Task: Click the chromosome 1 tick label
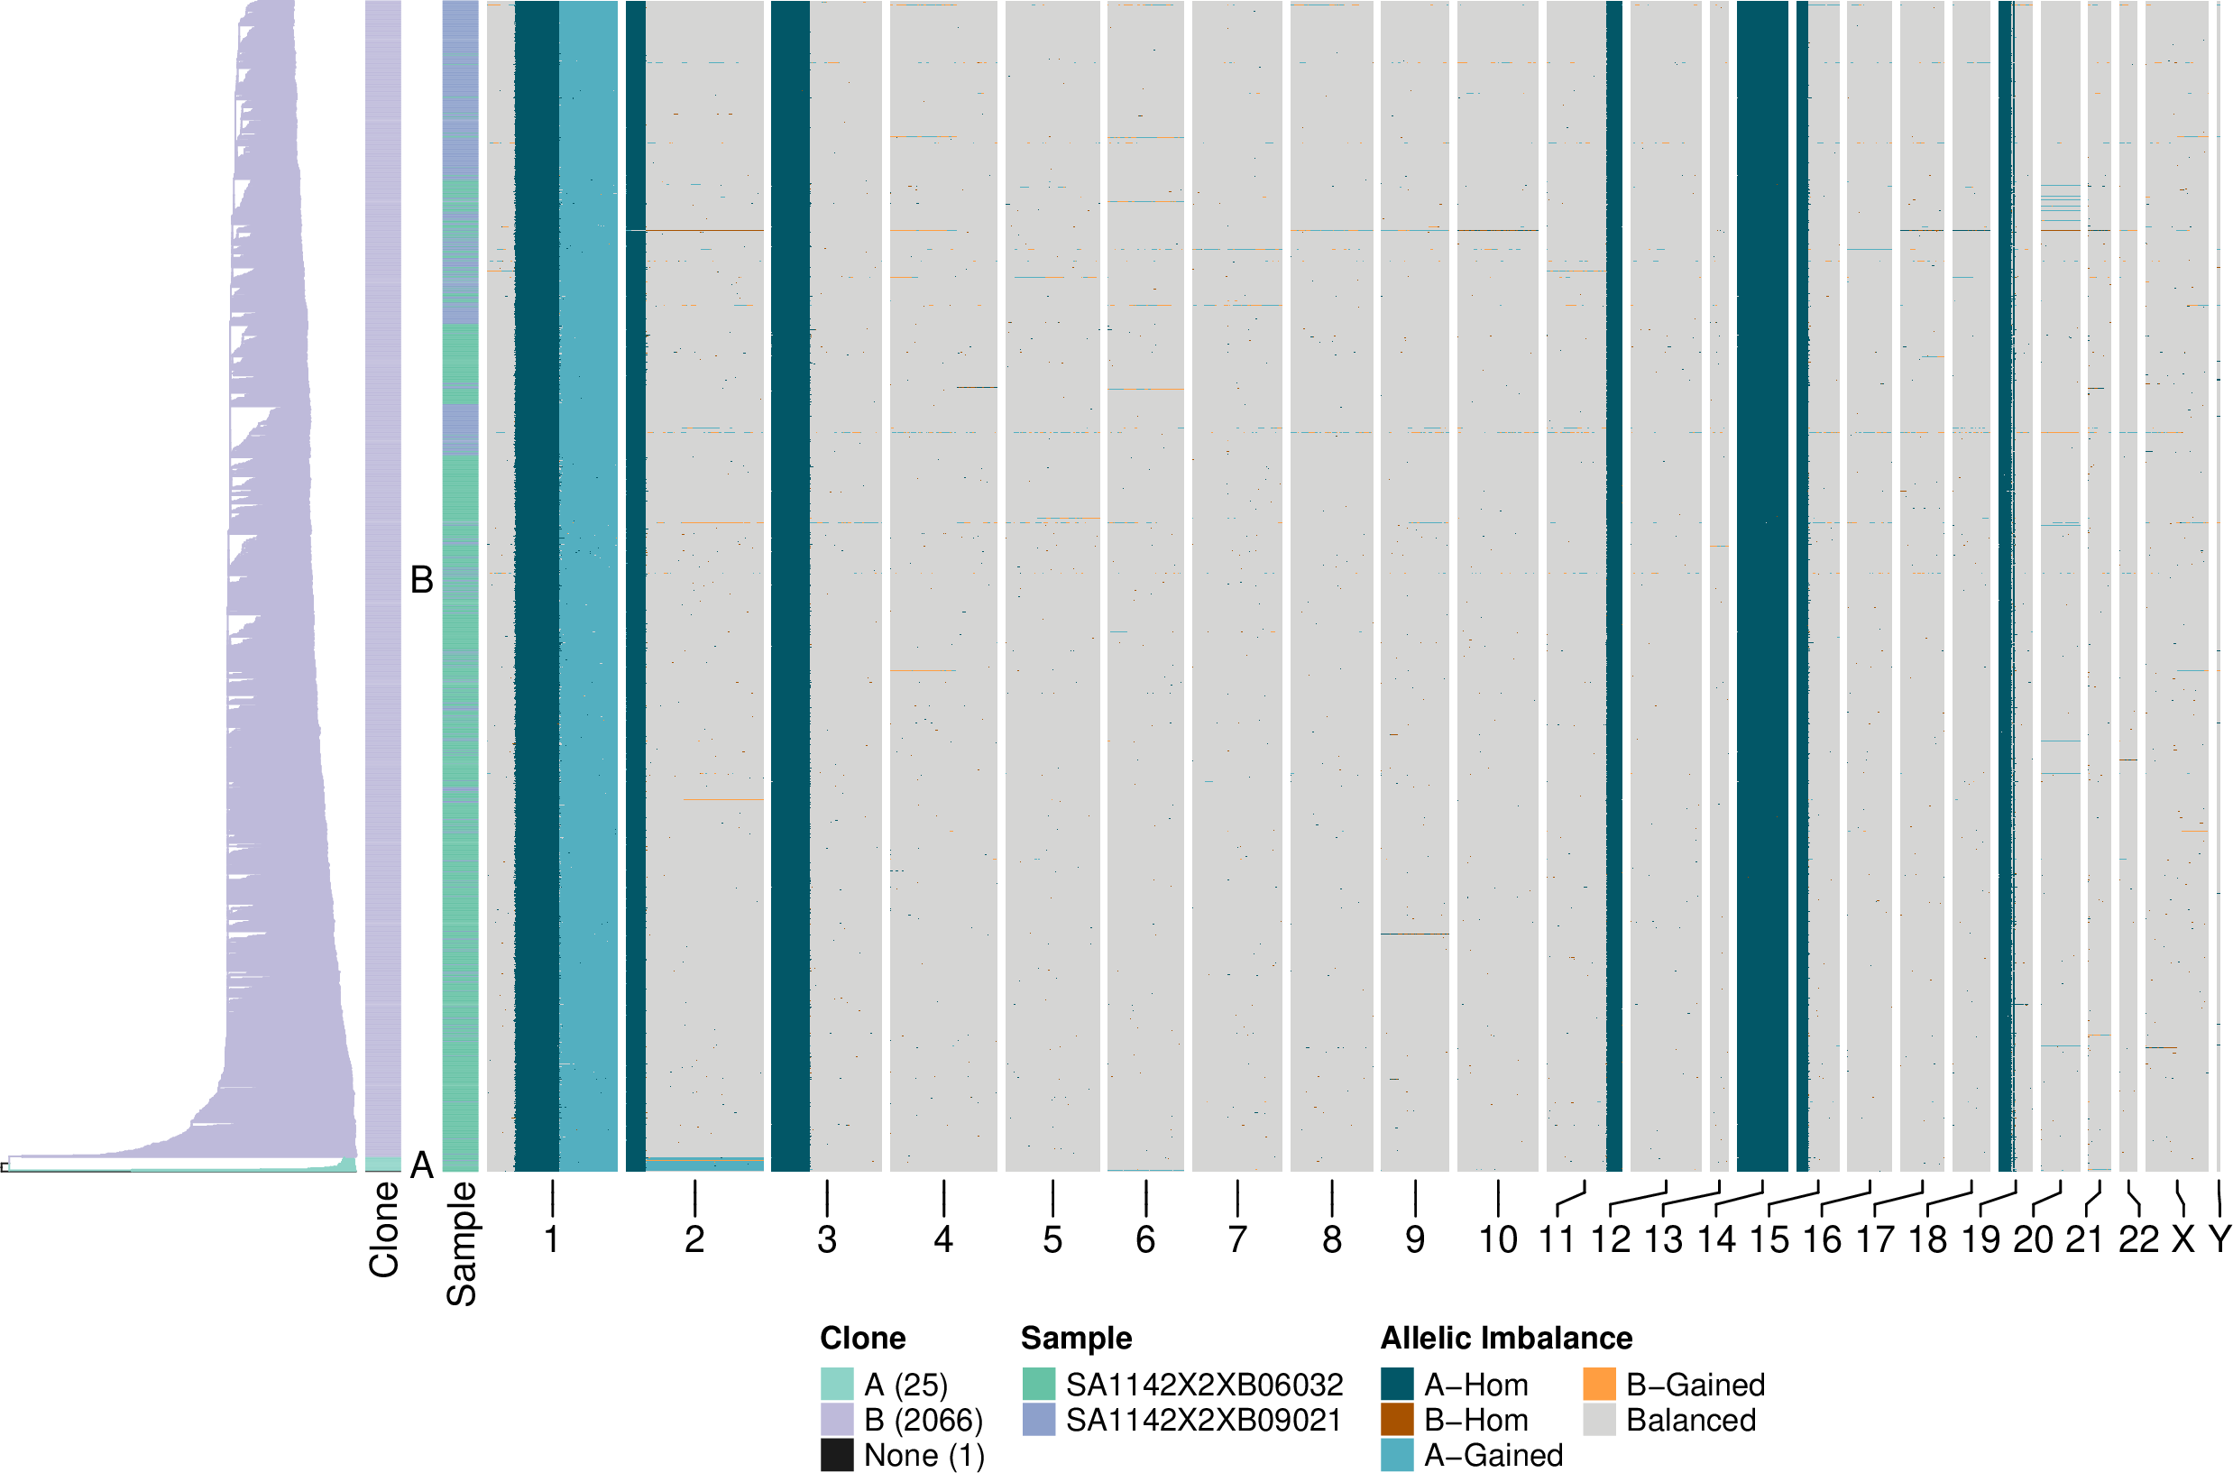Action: [x=552, y=1240]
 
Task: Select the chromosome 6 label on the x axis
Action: [x=1145, y=1240]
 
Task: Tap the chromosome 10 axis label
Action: [x=1498, y=1240]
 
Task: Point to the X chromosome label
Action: [x=2183, y=1240]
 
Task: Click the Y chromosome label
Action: [x=2219, y=1240]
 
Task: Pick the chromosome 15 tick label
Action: [x=1769, y=1240]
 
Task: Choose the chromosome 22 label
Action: [x=2138, y=1240]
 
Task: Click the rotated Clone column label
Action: [x=384, y=1229]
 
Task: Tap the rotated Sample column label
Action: [x=461, y=1244]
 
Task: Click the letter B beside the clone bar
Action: [x=422, y=581]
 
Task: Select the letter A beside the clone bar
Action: [x=422, y=1165]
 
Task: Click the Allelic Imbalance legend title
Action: [x=1506, y=1338]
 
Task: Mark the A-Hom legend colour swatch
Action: [x=1396, y=1385]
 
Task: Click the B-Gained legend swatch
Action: [x=1599, y=1385]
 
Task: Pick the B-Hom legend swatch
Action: [x=1396, y=1420]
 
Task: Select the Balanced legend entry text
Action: [x=1690, y=1420]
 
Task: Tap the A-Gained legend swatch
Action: [x=1396, y=1455]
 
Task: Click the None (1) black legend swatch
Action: [x=837, y=1455]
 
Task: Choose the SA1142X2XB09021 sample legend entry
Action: [x=1203, y=1420]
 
